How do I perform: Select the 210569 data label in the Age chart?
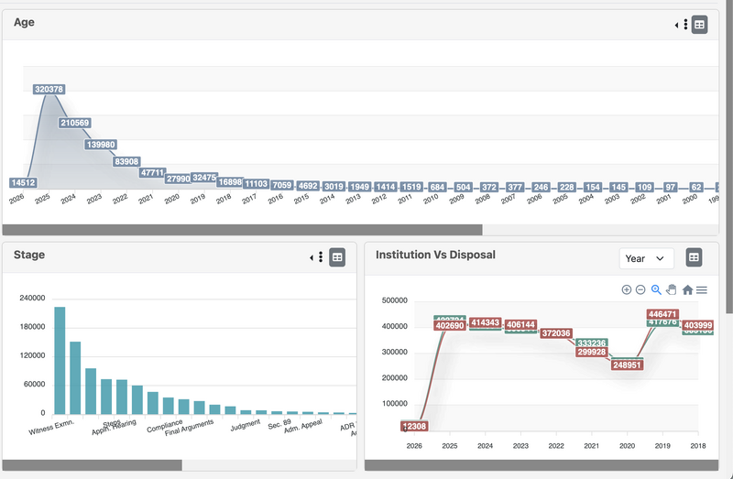80,123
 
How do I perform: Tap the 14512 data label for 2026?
24,182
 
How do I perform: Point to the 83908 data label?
126,162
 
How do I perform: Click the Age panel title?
25,23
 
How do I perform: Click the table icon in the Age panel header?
699,25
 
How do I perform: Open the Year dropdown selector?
646,258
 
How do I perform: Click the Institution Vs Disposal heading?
435,255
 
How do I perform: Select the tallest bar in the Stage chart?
60,360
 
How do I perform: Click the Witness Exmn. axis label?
52,427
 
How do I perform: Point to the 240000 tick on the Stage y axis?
32,298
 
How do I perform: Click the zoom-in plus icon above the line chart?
627,289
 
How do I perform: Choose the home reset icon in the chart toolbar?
687,289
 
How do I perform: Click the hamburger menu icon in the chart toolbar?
702,289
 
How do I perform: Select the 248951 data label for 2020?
627,364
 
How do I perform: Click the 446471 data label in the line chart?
662,314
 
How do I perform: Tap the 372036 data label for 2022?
556,333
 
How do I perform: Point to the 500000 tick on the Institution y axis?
394,300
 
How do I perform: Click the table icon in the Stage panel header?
337,258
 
